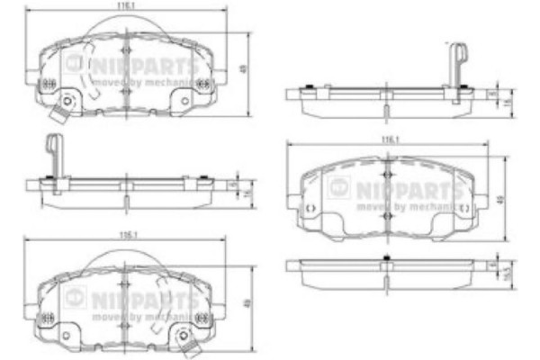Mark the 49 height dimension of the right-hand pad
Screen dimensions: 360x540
504,199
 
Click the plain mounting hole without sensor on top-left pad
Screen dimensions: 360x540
184,101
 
